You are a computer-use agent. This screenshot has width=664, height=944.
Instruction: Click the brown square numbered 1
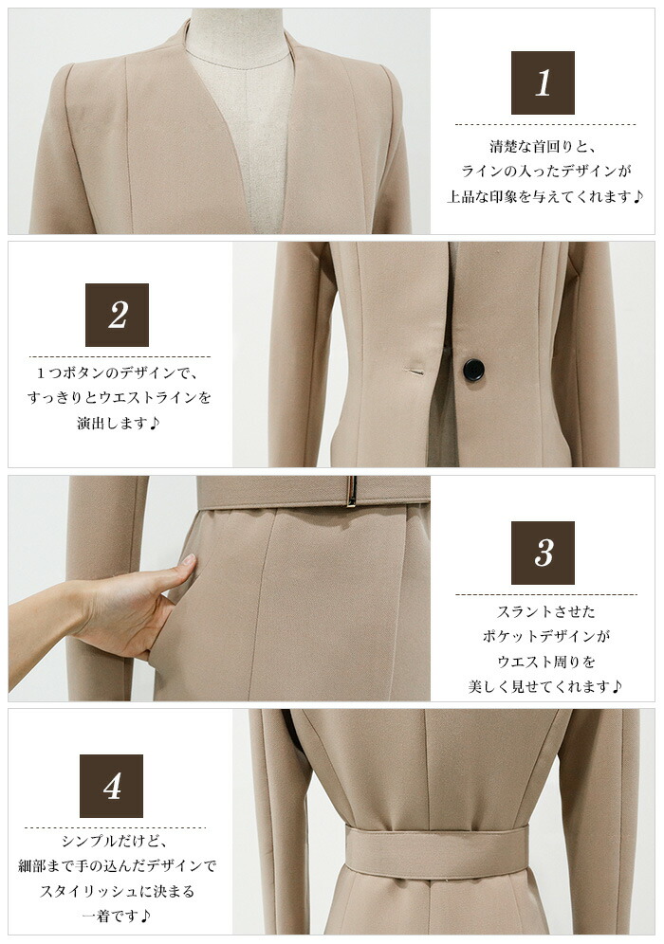[543, 82]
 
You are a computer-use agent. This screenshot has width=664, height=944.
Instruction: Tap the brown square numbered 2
[117, 315]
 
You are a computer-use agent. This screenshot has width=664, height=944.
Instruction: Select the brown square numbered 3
[543, 553]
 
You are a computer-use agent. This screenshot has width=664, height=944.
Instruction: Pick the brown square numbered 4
[112, 786]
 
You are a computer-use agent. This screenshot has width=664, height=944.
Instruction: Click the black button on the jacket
[471, 369]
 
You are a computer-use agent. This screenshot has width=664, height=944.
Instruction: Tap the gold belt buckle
[353, 491]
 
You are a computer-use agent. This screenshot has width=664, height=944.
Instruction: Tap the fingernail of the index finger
[188, 559]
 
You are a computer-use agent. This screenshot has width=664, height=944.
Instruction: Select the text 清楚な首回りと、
[543, 146]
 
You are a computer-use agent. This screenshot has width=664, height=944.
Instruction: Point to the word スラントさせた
[545, 611]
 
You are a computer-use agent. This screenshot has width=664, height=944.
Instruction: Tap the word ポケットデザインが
[545, 636]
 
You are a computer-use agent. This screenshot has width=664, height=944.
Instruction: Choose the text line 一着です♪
[116, 917]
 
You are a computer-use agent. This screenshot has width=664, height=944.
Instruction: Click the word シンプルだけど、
[116, 841]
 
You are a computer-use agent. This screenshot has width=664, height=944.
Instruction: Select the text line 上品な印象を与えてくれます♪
[545, 196]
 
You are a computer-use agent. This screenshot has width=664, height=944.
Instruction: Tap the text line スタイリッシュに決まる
[117, 891]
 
